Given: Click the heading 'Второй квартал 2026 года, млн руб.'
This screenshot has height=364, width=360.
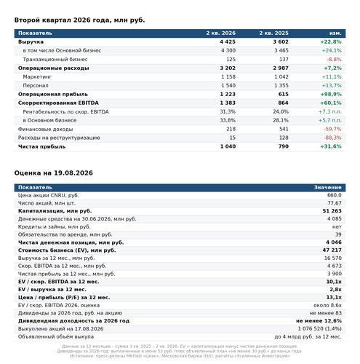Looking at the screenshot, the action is point(79,20).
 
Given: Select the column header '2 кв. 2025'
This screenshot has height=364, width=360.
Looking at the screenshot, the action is point(273,33).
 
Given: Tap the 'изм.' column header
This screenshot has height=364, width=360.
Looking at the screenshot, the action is point(335,33).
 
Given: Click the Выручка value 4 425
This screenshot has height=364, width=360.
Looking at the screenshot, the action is point(228,41).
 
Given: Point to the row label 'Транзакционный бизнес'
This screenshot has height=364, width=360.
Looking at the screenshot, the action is point(55,60).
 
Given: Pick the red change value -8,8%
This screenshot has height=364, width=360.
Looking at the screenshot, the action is point(334,60).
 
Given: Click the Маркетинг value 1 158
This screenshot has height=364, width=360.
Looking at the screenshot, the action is point(228,76).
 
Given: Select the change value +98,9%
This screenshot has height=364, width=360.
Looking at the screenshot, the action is point(331,94).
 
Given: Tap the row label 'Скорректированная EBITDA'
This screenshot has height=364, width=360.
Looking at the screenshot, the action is point(58,103).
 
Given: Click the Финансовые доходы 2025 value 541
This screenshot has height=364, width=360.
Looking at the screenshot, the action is point(284,129).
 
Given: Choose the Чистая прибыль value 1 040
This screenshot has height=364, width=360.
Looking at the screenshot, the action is point(228,146).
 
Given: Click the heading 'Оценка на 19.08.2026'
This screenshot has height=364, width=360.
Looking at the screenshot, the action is point(54,173).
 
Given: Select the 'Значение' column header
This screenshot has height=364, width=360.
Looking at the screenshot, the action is point(328,187).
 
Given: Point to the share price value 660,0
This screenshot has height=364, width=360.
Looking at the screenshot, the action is point(335,195).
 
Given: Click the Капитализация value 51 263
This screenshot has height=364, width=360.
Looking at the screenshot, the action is point(332,211).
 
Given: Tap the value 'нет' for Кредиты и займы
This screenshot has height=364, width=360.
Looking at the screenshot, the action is point(337,227).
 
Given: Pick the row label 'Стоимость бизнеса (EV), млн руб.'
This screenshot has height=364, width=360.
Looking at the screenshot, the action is point(67,250).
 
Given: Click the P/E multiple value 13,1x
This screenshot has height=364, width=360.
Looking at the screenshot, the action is point(334,297).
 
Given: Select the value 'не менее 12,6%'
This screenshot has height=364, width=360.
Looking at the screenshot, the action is point(319,321).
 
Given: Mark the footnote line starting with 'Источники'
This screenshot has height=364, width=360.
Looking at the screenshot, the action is point(180,356).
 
